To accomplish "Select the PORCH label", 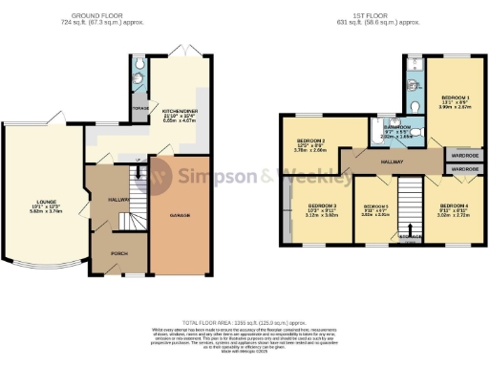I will point(119,253).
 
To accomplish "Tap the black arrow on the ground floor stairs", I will point(135,171).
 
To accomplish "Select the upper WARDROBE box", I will point(464,154).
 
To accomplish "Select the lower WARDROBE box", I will point(464,168).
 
